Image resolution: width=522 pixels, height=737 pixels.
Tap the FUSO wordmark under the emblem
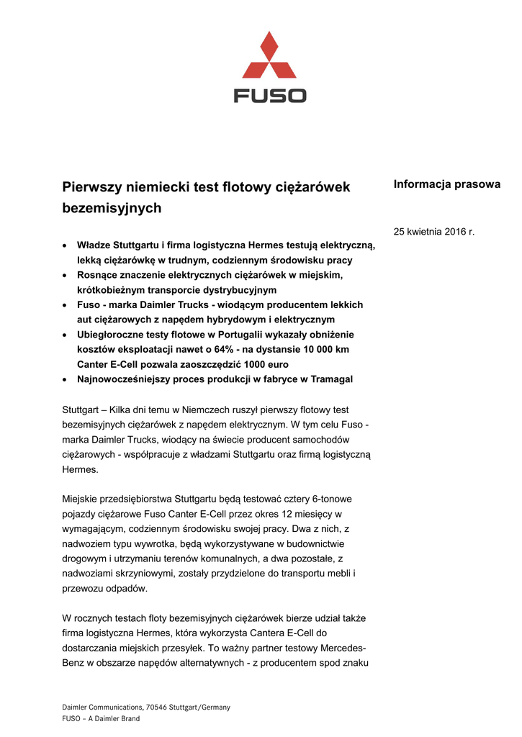click(270, 96)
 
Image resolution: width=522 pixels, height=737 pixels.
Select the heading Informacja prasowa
click(446, 184)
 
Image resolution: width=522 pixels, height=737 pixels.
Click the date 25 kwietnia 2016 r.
click(433, 232)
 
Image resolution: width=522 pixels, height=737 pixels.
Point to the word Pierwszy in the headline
click(91, 187)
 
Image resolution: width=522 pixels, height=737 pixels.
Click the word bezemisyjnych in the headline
click(112, 209)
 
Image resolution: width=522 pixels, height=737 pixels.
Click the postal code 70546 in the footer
click(158, 707)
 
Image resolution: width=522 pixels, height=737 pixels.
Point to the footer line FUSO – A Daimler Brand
click(101, 718)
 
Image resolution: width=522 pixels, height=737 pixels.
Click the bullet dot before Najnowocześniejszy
click(66, 379)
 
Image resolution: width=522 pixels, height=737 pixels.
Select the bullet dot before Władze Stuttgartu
click(66, 245)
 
